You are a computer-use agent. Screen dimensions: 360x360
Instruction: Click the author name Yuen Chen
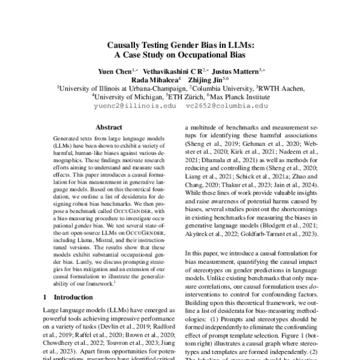114,70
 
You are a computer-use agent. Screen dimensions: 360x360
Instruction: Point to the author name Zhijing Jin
207,79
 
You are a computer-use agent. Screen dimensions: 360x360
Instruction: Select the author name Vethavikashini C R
175,70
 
